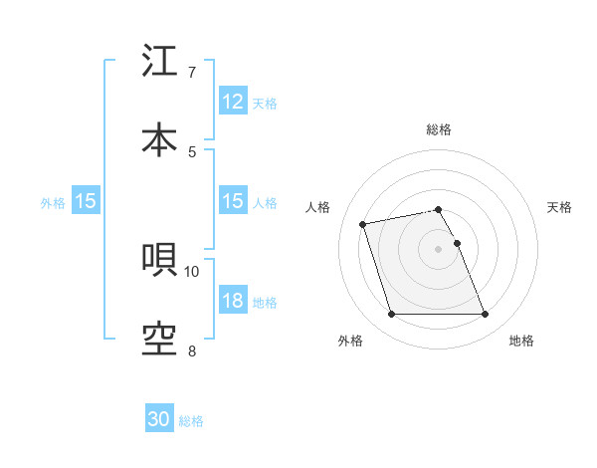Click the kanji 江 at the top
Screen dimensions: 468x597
[160, 62]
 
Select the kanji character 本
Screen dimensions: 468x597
[160, 140]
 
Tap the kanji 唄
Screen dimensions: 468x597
[160, 260]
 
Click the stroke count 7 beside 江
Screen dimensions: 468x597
[192, 73]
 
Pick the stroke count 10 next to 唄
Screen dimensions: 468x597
[192, 271]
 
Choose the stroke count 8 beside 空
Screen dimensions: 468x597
[192, 351]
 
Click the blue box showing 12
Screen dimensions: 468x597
[233, 102]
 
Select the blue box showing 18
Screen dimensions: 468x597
[233, 301]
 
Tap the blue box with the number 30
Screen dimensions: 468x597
[159, 420]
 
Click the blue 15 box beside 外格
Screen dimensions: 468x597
[86, 201]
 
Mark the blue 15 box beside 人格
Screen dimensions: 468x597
[233, 201]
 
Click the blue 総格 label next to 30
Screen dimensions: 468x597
[191, 421]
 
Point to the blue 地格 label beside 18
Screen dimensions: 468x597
[265, 302]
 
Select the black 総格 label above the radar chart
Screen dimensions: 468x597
[439, 129]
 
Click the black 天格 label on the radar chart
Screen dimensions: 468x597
[560, 207]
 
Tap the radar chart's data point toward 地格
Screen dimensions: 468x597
[485, 315]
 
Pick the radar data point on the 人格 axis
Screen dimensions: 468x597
[363, 223]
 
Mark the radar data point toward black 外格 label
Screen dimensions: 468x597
[392, 315]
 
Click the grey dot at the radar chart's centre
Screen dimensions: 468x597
[439, 248]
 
